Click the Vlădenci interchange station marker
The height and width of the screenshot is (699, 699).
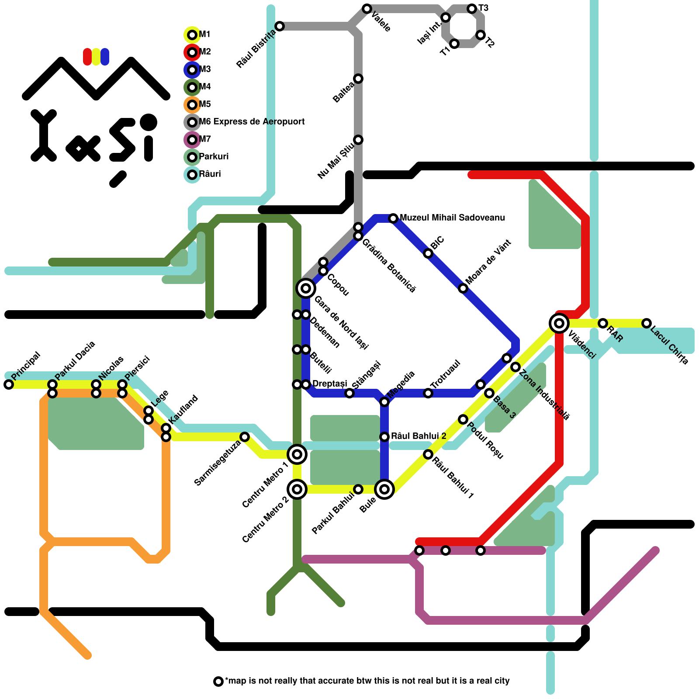[559, 323]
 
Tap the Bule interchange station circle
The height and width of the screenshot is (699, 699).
[384, 489]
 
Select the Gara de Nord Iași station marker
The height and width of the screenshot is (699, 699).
[306, 288]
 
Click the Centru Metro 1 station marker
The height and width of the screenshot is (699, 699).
[297, 454]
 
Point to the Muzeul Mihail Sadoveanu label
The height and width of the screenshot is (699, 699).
[452, 218]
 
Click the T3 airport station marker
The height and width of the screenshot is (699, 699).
[472, 9]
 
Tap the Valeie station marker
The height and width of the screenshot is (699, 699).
[367, 9]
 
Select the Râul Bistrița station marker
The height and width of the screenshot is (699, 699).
[280, 26]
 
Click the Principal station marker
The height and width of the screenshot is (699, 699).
[9, 384]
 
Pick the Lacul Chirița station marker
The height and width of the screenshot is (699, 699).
[647, 323]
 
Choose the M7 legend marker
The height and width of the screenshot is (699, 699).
[192, 140]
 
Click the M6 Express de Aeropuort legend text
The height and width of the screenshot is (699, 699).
[252, 121]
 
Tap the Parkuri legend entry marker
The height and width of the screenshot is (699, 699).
[192, 157]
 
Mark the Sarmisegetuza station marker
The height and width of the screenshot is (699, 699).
[245, 437]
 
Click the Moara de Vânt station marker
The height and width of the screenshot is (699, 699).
[463, 288]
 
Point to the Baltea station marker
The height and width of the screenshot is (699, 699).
[358, 79]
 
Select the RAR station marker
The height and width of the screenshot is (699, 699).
[603, 323]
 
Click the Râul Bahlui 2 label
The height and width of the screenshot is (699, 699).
[419, 436]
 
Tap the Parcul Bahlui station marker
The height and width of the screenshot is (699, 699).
[358, 489]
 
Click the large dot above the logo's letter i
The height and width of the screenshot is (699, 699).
[149, 122]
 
